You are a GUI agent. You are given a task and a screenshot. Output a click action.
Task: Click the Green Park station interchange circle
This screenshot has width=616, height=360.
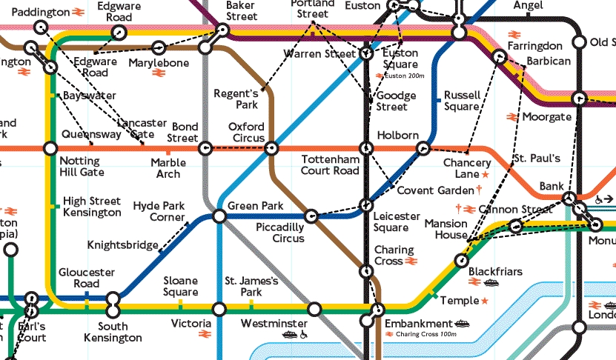pyautogui.click(x=219, y=216)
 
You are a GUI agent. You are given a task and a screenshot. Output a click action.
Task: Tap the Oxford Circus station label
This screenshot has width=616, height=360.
pyautogui.click(x=246, y=132)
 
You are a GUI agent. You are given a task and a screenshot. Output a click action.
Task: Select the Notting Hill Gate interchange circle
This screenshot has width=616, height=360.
pyautogui.click(x=50, y=148)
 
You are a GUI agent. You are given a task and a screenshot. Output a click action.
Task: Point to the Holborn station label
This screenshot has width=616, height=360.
pyautogui.click(x=398, y=136)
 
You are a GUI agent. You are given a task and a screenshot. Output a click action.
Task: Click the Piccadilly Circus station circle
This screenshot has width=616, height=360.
pyautogui.click(x=312, y=217)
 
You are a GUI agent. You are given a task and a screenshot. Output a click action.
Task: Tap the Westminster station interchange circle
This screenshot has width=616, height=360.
pyautogui.click(x=314, y=308)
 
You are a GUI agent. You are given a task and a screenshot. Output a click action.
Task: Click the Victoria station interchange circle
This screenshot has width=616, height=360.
pyautogui.click(x=219, y=308)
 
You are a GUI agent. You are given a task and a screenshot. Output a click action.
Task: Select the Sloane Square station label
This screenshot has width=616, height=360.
pyautogui.click(x=181, y=286)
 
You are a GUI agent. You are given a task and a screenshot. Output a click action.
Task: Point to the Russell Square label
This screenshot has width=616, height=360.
pyautogui.click(x=462, y=101)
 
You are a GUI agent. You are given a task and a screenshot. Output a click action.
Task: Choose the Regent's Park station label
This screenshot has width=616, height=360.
pyautogui.click(x=236, y=99)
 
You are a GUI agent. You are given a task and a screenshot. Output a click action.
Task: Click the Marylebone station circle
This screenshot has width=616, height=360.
pyautogui.click(x=158, y=48)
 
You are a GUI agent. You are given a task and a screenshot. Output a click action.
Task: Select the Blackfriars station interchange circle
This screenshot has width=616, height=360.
pyautogui.click(x=462, y=261)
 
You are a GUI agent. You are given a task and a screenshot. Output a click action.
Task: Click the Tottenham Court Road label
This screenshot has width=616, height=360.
pyautogui.click(x=330, y=165)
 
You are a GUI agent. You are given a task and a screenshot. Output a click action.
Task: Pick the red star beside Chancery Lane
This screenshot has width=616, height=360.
pyautogui.click(x=486, y=174)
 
